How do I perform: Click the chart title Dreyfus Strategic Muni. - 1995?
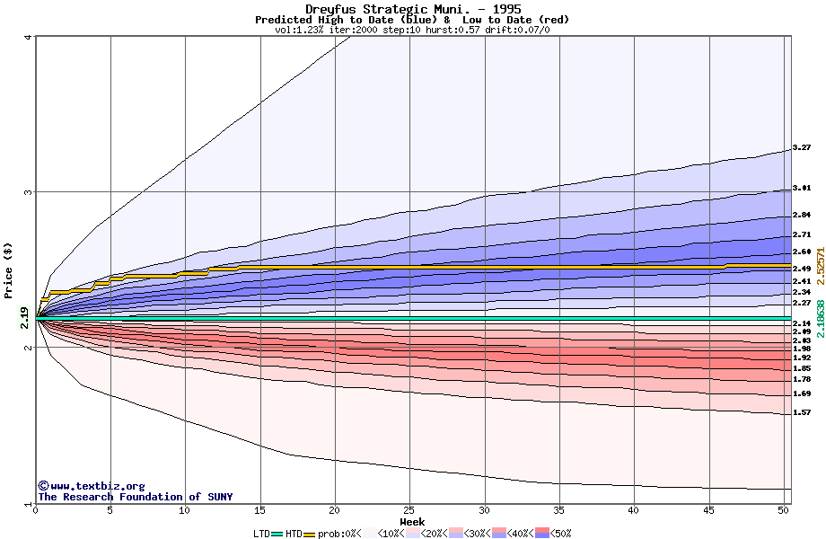412,9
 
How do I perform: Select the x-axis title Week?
412,522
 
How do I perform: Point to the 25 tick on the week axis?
409,510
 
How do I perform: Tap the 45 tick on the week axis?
708,510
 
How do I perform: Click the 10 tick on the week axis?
185,510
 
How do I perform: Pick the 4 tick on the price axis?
29,37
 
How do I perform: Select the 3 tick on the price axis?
29,192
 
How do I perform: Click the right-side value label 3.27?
802,147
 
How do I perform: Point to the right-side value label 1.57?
802,412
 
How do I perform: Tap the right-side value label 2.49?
802,269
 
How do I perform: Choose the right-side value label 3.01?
802,188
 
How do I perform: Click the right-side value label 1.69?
802,393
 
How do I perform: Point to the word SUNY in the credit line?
219,497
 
